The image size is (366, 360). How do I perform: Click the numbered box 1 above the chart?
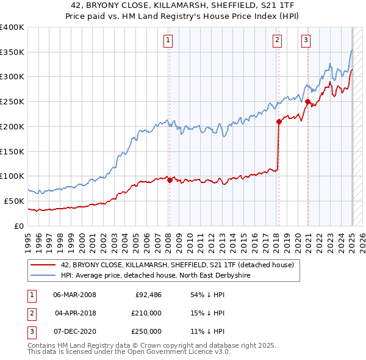click(167, 41)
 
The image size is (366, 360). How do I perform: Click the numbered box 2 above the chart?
click(277, 41)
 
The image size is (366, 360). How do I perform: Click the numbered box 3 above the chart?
click(306, 41)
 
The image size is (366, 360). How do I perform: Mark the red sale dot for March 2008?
click(170, 180)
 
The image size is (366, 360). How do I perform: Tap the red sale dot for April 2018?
click(279, 121)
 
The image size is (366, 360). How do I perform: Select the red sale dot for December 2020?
click(308, 101)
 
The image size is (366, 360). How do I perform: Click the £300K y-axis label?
click(12, 77)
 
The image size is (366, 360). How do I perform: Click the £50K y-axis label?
click(14, 201)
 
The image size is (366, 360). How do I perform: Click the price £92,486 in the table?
click(148, 295)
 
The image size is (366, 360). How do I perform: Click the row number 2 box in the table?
click(31, 313)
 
